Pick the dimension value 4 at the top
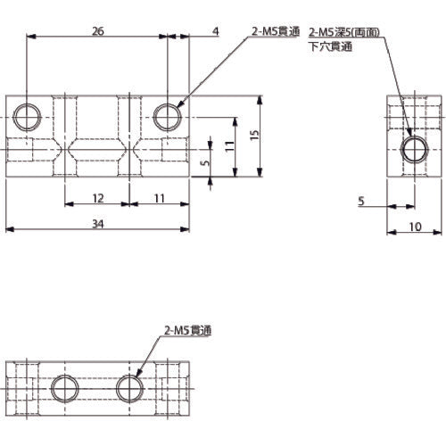(x=216, y=30)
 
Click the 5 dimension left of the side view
(x=362, y=202)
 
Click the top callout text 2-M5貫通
(x=277, y=32)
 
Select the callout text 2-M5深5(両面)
(x=344, y=32)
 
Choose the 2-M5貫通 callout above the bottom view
(x=190, y=329)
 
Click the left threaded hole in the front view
(x=27, y=115)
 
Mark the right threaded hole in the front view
(x=167, y=115)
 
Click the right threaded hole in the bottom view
(x=131, y=388)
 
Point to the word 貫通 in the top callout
(x=290, y=32)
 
